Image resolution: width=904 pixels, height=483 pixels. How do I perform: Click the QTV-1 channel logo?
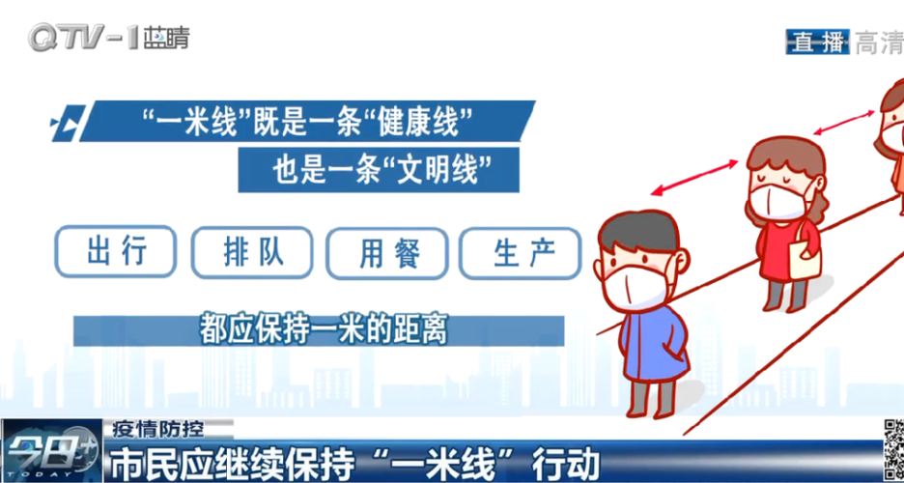coord(108,38)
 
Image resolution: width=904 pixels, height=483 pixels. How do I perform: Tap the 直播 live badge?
coord(817,42)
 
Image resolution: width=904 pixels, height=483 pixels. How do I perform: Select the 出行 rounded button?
coord(116,251)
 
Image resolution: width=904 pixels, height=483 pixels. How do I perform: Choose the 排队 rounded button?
coord(252,252)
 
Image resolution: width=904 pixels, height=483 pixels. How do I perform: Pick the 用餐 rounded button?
coord(387,254)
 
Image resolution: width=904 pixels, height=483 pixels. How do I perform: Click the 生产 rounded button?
coord(520,254)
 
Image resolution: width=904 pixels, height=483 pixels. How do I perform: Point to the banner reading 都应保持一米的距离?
coord(319,330)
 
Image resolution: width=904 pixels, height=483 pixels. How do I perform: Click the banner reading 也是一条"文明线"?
coord(379,170)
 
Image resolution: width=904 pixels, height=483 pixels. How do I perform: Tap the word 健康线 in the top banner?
coord(424,122)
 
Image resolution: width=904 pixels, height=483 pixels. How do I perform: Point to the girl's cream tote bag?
coord(805,258)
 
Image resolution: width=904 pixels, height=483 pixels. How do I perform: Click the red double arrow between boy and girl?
coord(694,178)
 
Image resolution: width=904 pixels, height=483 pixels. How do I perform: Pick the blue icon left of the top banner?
coord(67,123)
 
